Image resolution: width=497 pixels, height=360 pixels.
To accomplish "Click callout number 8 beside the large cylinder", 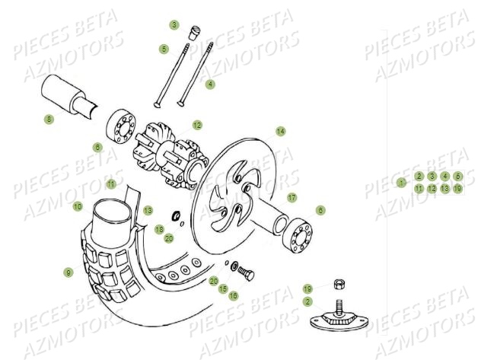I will point(49,119).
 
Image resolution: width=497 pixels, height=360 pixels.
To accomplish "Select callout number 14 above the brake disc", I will point(280,131).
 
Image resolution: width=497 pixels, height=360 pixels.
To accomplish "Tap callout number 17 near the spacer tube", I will point(292,197).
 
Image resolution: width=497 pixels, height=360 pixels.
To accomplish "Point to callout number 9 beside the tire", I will point(68,272).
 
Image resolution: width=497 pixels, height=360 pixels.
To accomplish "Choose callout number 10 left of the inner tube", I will point(78,206).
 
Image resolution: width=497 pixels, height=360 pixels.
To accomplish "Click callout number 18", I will point(159,228).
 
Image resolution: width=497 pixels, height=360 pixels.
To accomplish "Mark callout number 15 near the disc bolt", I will point(224,289).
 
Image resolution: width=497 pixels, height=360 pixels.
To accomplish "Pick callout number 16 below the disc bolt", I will point(234,295).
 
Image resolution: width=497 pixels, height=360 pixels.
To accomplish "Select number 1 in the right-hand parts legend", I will point(401,183).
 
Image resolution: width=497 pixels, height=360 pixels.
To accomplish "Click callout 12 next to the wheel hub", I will point(197,125).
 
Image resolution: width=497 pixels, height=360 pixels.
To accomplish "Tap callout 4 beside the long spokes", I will point(210,84).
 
